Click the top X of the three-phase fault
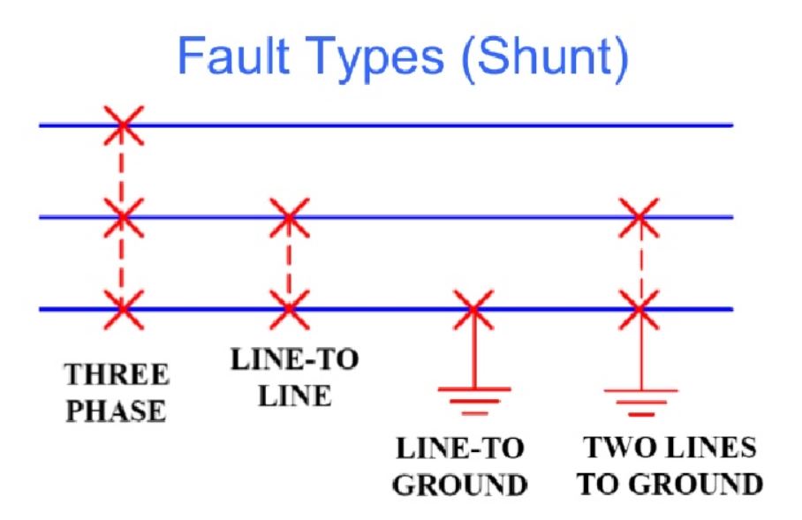tap(123, 124)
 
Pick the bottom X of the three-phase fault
tap(123, 309)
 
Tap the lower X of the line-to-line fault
tap(289, 309)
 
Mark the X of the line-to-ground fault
tap(473, 309)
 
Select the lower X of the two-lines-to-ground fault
tap(639, 309)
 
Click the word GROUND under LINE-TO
tap(460, 486)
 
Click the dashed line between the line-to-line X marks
tap(289, 263)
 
